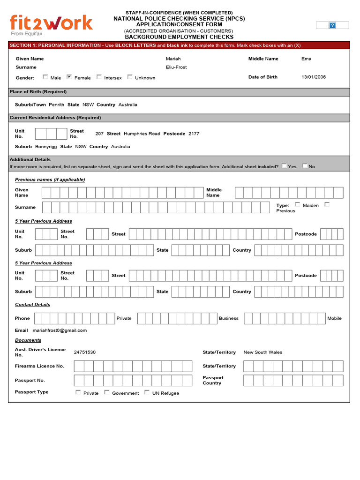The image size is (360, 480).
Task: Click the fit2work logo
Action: pos(51,24)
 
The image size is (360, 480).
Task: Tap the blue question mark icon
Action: pos(332,25)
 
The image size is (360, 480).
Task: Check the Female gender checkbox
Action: pos(69,77)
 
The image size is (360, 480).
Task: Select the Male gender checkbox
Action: pos(45,77)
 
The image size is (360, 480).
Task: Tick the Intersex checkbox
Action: pos(99,77)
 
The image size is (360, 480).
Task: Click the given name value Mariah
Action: pos(173,59)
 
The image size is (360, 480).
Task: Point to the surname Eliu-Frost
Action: pos(176,67)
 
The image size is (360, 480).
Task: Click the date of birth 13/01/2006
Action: pos(314,77)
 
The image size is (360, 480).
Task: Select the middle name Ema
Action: pos(306,59)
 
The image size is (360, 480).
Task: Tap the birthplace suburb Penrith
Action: pos(56,105)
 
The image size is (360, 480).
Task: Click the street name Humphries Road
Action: pos(142,134)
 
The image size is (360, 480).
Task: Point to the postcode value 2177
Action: pos(194,134)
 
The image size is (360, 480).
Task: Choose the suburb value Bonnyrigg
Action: pos(46,146)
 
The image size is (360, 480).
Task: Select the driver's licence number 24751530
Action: pos(84,352)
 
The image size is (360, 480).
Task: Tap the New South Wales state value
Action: pos(262,352)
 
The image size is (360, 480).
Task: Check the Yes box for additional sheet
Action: pos(284,165)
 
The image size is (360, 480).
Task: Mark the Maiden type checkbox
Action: pos(298,204)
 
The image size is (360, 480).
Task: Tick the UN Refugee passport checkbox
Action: pos(147,392)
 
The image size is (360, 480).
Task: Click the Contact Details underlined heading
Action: pos(32,305)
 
